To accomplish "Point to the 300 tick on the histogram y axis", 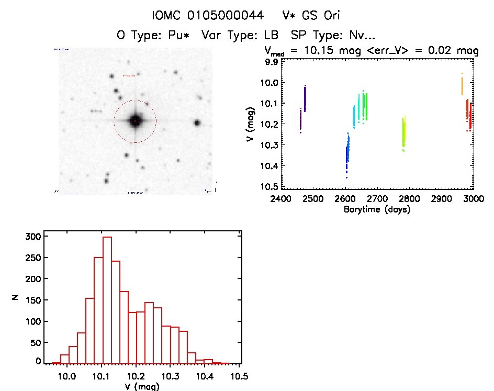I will pyautogui.click(x=33, y=237).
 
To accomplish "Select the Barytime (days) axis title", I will pyautogui.click(x=377, y=209).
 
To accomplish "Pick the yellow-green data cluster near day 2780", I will pyautogui.click(x=403, y=133).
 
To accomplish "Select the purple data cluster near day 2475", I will pyautogui.click(x=305, y=98).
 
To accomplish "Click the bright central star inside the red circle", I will pyautogui.click(x=135, y=121).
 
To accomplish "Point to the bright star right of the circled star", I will pyautogui.click(x=197, y=122).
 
